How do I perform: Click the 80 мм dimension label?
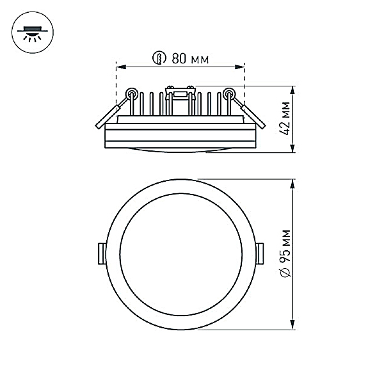(190, 58)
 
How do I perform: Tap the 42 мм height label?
(285, 118)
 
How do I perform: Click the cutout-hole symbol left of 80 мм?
(159, 58)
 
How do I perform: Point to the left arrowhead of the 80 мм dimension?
(121, 67)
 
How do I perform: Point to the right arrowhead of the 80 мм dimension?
(239, 67)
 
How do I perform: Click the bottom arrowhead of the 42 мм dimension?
(292, 148)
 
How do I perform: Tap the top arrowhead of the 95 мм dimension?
(292, 184)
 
